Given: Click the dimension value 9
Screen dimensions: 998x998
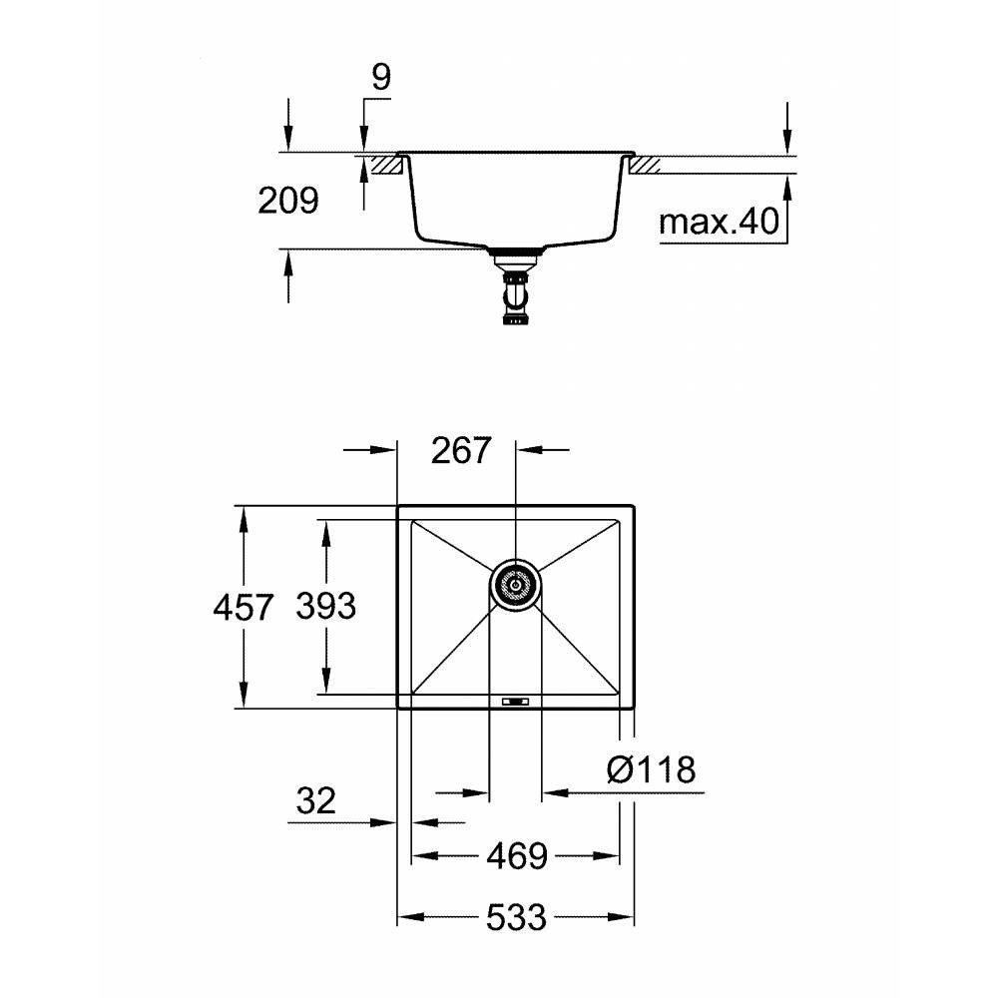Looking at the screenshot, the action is (x=380, y=78).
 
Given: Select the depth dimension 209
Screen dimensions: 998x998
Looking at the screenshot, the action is (x=287, y=201).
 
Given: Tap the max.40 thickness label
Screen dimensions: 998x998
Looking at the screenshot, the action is (x=719, y=222).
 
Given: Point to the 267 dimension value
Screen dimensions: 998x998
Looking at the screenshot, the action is (x=461, y=450).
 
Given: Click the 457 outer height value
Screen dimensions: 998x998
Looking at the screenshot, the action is (x=244, y=607).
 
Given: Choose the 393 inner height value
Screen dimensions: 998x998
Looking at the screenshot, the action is (x=326, y=606).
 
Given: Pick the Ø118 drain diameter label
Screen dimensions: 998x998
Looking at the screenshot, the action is (x=652, y=769).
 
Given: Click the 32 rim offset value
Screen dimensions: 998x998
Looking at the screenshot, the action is (x=315, y=800).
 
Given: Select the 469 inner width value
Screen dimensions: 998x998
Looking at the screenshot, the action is (x=517, y=856).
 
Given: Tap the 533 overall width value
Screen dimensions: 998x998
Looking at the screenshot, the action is (x=516, y=917).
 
